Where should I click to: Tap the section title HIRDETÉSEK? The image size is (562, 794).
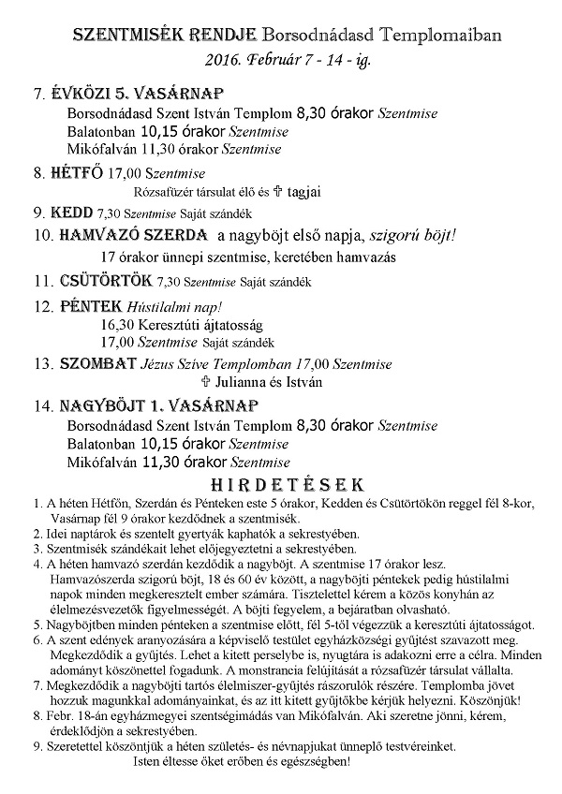[281, 485]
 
